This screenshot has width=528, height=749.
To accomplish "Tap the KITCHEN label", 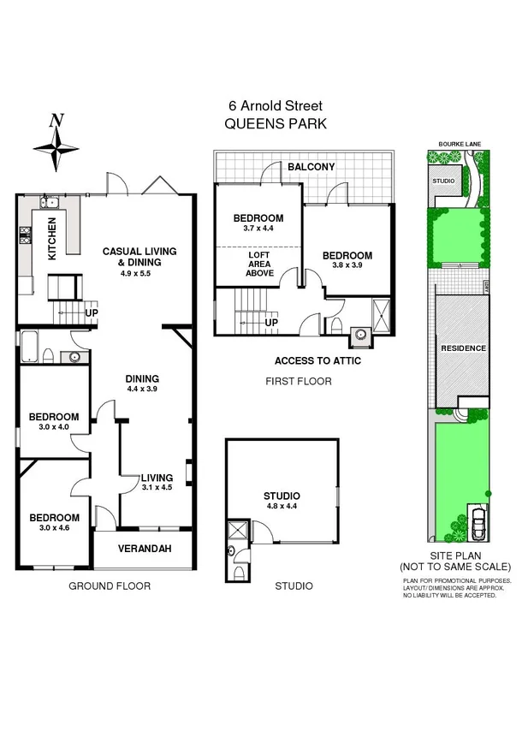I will tap(51, 240).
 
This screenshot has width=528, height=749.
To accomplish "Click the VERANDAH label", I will tap(142, 549).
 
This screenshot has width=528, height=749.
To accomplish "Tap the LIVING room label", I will tap(157, 478).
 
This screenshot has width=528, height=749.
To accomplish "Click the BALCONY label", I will tap(311, 166).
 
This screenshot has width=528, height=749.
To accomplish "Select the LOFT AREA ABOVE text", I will tap(260, 264).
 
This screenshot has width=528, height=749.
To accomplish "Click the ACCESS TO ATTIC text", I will tap(317, 361).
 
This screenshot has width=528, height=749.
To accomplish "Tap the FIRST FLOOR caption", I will tap(298, 382).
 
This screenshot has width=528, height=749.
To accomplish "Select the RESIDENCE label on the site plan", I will tap(463, 348).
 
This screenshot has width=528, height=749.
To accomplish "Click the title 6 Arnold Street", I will tap(274, 106).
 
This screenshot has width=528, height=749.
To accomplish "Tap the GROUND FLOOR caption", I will tap(109, 586).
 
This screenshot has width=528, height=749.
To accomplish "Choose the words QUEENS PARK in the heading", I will tap(275, 123).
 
